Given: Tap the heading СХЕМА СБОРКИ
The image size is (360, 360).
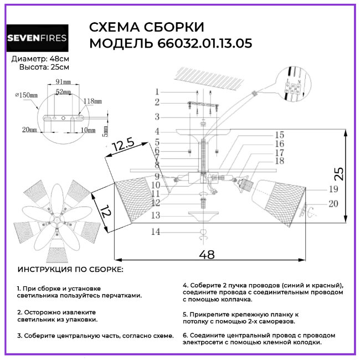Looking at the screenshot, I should click(x=146, y=27).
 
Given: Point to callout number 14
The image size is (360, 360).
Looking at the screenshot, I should click(x=157, y=232).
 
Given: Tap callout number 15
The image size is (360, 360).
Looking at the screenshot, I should click(x=279, y=135).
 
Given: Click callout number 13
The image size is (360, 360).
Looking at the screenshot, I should click(x=157, y=215).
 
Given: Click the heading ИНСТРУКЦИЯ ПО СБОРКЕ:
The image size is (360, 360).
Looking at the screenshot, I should click(x=71, y=269).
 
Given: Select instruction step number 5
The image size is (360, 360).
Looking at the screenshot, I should click(x=185, y=313).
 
